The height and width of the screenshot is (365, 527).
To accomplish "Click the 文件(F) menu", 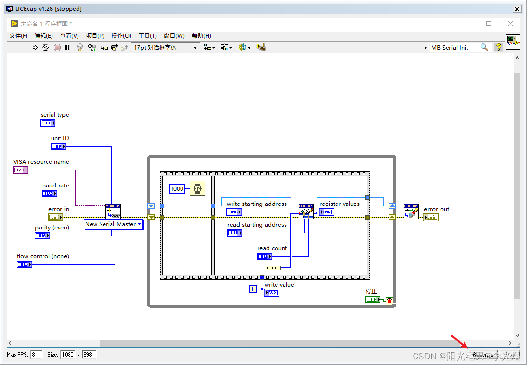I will point(18,36).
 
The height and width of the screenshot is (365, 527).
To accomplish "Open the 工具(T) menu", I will point(147,36).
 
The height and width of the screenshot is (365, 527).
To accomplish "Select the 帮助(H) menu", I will point(201,36).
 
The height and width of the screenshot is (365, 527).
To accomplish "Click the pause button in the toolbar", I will point(68,47).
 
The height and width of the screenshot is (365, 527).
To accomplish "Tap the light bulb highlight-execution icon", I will point(80,47).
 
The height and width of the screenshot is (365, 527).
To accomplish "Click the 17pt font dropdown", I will point(166,47).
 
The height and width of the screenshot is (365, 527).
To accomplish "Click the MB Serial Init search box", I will point(454,47).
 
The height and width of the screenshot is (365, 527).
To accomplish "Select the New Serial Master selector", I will point(113,224).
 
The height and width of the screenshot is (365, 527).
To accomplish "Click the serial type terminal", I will point(48,123).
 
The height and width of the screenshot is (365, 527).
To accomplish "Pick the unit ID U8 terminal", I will point(58,146).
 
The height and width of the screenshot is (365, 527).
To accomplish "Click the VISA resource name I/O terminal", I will point(20,170).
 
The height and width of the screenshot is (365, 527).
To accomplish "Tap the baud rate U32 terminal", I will point(49,194).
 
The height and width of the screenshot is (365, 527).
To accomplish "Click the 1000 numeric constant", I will point(177,188).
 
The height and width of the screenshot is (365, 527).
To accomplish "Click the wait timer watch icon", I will point(198,188).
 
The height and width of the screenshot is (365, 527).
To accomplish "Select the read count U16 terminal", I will point(264,256).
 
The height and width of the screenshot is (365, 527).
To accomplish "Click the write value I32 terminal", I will point(272,293).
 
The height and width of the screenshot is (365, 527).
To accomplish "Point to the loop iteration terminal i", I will point(253,289).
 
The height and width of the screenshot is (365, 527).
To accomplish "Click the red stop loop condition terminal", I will point(389,301).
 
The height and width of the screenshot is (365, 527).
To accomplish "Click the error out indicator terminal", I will point(431,217).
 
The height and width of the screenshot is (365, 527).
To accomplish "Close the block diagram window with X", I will point(510,24).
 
